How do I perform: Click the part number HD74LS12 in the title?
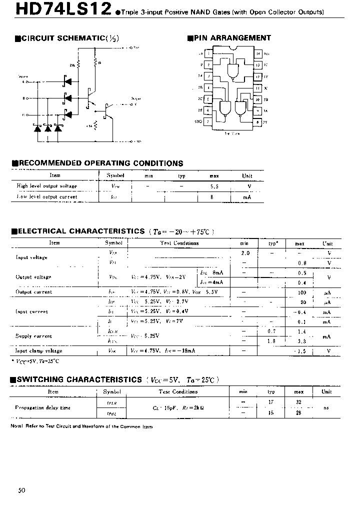click(x=56, y=10)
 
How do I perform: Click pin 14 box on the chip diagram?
click(x=258, y=53)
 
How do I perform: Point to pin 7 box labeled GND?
click(x=208, y=121)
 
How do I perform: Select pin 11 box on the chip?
click(x=258, y=88)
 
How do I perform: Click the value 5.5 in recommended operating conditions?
click(x=214, y=186)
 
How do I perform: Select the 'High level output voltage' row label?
click(x=47, y=186)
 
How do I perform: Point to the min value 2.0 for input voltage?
click(x=245, y=253)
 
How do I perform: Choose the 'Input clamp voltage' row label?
click(x=39, y=351)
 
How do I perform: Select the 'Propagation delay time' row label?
click(x=43, y=407)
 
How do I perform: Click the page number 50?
click(x=21, y=490)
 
